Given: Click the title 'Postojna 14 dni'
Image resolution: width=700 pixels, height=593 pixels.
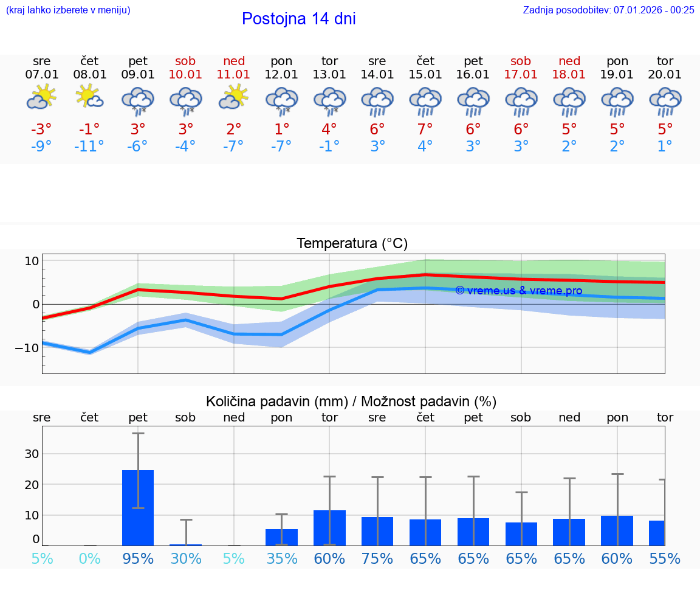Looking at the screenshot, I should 298,19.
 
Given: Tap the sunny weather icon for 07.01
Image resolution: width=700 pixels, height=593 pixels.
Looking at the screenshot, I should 41,98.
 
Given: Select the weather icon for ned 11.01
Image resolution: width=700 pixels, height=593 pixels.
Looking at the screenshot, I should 234,98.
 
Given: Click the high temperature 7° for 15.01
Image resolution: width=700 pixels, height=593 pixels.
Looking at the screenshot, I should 425,129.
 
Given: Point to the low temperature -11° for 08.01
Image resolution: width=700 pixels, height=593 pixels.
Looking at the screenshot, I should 89,146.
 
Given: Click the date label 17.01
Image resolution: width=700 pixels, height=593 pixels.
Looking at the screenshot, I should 521,74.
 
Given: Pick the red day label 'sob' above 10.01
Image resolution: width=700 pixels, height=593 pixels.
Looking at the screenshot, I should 185,61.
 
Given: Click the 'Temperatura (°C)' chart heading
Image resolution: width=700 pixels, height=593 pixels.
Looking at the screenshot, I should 352,243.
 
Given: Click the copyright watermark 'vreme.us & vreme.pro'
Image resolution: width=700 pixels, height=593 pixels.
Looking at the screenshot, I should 519,291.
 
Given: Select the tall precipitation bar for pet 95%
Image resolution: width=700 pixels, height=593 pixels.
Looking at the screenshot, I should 138,507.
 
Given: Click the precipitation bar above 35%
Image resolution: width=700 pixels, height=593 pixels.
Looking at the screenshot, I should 281,537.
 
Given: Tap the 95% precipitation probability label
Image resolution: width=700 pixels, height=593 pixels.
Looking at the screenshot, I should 138,558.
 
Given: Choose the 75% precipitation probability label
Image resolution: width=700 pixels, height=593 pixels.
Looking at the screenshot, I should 377,558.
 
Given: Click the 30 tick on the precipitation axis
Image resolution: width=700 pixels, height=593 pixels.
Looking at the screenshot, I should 32,454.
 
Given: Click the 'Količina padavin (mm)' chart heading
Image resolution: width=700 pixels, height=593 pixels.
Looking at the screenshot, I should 276,401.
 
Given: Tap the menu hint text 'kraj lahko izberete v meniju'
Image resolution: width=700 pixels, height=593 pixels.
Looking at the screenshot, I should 68,10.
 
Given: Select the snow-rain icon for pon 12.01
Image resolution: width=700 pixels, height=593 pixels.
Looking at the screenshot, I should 281,100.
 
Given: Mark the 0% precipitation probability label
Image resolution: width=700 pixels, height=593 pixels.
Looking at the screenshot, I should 89,558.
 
